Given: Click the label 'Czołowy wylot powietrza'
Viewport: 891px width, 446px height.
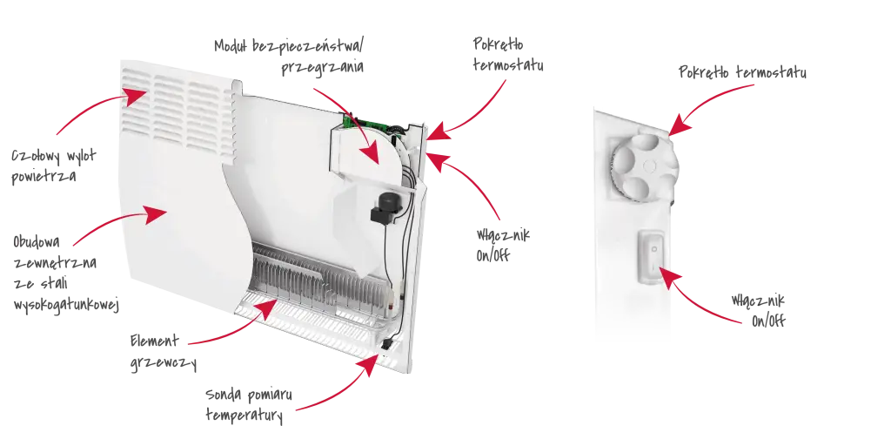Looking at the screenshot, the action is (54, 166).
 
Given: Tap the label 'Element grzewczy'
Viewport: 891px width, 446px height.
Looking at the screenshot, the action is (163, 352).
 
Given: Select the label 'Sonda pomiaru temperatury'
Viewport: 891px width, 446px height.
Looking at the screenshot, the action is (249, 405).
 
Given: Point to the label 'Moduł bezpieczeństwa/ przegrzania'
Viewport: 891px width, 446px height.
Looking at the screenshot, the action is (289, 56).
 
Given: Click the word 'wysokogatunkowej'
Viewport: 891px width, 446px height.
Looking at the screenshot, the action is (66, 306).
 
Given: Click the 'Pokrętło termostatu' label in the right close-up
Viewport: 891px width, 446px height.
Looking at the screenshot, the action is (742, 73).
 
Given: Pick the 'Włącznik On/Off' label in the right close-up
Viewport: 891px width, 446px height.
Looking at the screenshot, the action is (759, 309).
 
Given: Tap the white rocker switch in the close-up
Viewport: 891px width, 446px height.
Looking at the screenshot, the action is (653, 257).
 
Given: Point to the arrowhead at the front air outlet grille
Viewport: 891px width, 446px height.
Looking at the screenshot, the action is (135, 96).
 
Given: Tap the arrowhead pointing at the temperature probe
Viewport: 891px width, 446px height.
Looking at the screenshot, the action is (369, 365).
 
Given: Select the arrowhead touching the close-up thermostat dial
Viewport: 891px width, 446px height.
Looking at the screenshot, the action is (680, 126).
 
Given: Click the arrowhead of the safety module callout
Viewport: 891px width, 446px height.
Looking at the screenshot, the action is (370, 153).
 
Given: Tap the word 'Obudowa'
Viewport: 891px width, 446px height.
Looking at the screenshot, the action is (37, 242).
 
